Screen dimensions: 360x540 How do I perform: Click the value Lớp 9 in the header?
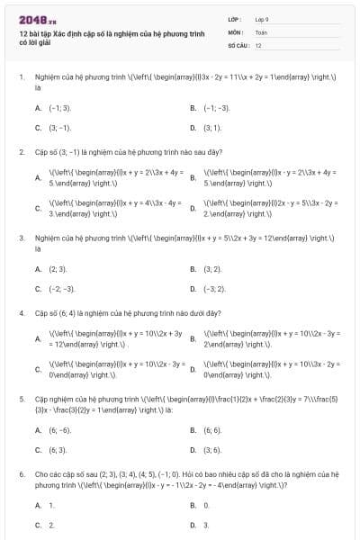click(262, 19)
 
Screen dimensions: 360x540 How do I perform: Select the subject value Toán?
click(261, 31)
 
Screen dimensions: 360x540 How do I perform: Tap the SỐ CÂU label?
click(238, 44)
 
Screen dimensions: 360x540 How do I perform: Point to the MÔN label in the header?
click(236, 31)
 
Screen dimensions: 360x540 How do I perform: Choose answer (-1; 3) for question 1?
click(59, 107)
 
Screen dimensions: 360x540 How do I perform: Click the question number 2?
click(21, 151)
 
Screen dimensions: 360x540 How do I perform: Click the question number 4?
click(21, 313)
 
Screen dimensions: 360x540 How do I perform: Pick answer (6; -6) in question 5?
click(59, 430)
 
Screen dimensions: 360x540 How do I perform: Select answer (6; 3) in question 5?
click(58, 450)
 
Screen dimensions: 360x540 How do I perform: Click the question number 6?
click(21, 472)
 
